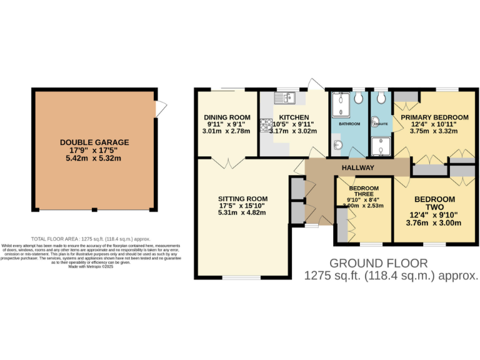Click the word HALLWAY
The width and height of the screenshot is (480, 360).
(358, 167)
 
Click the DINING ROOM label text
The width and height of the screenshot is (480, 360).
(227, 117)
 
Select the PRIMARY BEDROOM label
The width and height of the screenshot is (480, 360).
(434, 117)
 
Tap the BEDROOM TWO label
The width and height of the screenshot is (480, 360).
(434, 203)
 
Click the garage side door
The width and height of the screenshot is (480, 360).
(161, 109)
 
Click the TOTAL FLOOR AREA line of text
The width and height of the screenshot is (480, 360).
(91, 239)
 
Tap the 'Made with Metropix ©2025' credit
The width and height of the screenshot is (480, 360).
(91, 267)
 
